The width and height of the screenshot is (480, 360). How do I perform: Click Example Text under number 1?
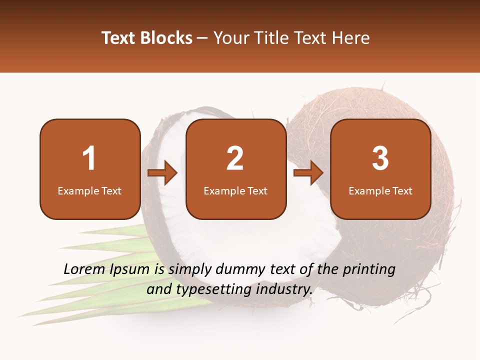89,191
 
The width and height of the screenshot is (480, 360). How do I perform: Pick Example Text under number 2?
235,191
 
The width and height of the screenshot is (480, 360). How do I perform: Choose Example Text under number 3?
380,191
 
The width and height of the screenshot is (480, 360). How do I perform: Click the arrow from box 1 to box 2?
162,173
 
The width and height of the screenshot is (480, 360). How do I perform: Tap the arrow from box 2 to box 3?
308,173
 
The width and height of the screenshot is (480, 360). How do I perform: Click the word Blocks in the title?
166,38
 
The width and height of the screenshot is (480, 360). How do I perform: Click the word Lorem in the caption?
83,269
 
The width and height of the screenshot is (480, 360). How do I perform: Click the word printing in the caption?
368,270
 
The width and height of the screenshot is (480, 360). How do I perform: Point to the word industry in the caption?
285,289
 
